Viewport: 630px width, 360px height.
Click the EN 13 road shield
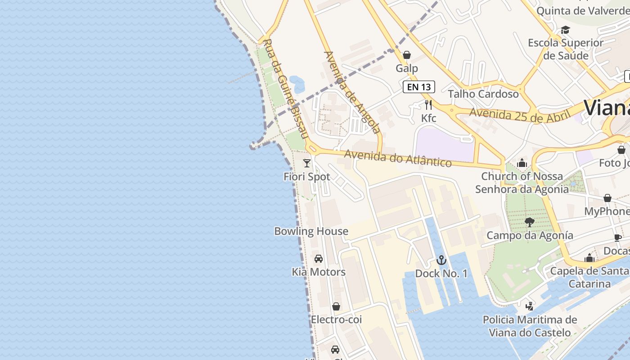(x=419, y=87)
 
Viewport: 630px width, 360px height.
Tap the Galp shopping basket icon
(x=407, y=55)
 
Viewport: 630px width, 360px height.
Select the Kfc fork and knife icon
(x=428, y=105)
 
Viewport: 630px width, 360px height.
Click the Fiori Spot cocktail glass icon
(x=307, y=163)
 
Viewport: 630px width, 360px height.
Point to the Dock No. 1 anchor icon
(x=441, y=260)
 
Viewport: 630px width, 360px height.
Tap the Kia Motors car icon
(x=319, y=258)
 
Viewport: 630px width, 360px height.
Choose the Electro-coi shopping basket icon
(x=336, y=306)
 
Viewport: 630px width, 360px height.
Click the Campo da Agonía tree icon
(x=530, y=222)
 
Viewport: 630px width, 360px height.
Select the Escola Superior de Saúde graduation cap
(x=565, y=30)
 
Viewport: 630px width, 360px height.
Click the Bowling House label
(x=311, y=231)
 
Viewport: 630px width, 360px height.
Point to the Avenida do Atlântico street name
(x=398, y=158)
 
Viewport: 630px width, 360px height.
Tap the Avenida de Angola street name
(x=352, y=92)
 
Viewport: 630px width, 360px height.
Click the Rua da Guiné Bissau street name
(x=285, y=89)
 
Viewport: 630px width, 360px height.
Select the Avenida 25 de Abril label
(x=517, y=115)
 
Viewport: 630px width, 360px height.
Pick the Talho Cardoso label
(x=483, y=94)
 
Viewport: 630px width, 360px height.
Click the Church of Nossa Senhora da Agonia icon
(x=522, y=162)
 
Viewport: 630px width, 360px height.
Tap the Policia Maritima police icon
(x=530, y=306)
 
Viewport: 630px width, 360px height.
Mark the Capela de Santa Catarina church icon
(x=589, y=258)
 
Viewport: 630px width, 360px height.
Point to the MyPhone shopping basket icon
(x=607, y=198)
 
